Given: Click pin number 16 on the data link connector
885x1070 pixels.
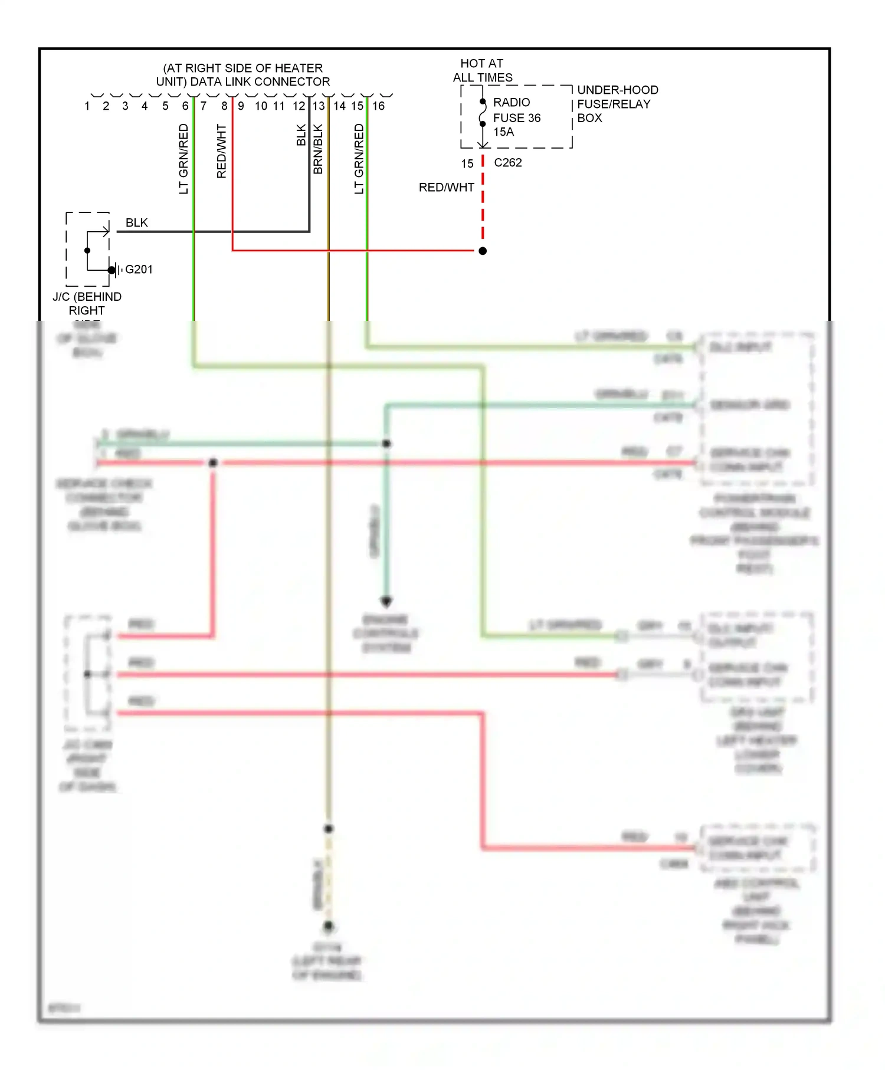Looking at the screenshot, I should tap(378, 106).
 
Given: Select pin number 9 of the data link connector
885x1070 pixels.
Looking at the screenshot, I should tap(241, 106).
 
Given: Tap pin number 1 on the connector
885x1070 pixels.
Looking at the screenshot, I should tap(87, 106).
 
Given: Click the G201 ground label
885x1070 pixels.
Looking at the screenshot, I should tap(139, 270).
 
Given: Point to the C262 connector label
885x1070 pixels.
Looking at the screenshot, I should tap(507, 163).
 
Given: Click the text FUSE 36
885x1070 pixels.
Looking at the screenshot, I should tap(516, 118).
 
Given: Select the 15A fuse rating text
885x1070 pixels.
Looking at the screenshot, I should tap(503, 132).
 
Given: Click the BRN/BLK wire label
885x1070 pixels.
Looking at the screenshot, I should tap(318, 149).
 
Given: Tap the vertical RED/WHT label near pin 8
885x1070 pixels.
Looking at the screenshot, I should tap(222, 151).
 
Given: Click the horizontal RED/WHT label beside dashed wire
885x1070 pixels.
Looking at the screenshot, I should tap(446, 188).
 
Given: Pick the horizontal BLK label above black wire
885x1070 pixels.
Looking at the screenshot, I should tap(136, 223).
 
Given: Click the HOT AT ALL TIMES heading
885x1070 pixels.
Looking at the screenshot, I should tap(482, 70).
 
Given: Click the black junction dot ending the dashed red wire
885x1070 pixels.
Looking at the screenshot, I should tap(483, 251).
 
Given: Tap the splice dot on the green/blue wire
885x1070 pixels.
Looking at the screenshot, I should tap(386, 444).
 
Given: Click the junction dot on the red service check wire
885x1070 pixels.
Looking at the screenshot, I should tap(213, 463).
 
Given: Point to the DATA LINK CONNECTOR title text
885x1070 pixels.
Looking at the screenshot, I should tap(242, 75).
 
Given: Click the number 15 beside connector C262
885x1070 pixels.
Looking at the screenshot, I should tap(467, 163).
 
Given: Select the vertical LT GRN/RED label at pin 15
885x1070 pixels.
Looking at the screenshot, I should tap(359, 159).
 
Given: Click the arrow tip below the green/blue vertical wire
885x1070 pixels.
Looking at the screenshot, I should tap(386, 603).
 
